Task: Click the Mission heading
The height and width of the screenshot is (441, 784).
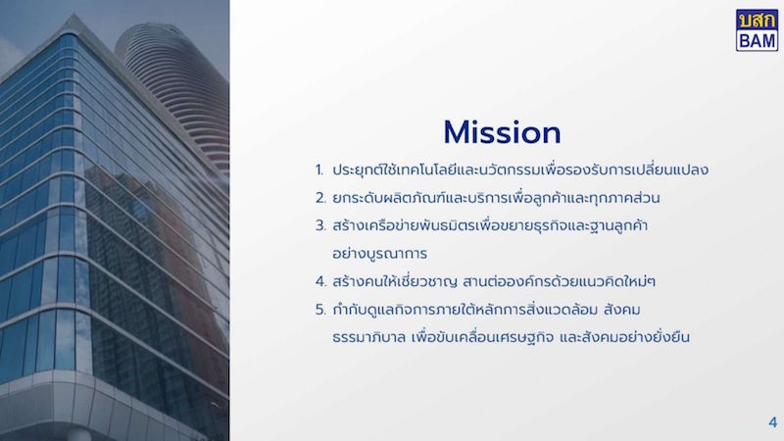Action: point(502,132)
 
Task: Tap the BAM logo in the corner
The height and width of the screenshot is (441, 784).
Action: point(757,30)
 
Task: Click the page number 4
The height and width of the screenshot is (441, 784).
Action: point(773,422)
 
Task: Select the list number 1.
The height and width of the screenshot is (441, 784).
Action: point(319,170)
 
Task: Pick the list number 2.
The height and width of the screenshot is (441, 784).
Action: point(320,198)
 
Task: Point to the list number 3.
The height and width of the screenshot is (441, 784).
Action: point(320,226)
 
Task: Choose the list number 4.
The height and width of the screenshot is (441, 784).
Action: point(320,282)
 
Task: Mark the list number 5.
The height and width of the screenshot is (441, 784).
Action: point(320,310)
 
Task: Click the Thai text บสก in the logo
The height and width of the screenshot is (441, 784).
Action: point(757,20)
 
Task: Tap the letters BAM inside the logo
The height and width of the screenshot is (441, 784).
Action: point(757,40)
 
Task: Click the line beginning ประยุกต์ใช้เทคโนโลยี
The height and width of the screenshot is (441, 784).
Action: point(520,170)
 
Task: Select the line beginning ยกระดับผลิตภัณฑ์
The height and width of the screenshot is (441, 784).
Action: point(496,198)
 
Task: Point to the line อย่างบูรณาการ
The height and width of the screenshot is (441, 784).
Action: point(379,254)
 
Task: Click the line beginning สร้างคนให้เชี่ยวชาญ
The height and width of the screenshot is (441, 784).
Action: point(494,281)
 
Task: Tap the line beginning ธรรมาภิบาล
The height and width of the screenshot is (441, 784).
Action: point(511,337)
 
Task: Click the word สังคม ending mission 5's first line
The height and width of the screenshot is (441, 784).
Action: point(622,310)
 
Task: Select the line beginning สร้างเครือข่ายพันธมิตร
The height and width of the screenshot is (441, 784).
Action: point(490,226)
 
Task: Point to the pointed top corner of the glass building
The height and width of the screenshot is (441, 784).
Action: point(74,15)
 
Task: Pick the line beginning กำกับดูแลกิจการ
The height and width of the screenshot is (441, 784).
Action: point(486,310)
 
